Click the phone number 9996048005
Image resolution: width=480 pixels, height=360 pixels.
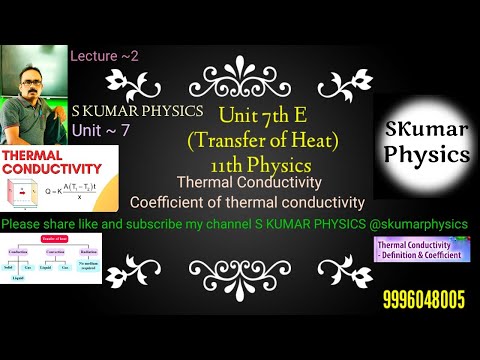(x=423, y=299)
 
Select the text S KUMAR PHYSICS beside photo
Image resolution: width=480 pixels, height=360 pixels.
(x=138, y=110)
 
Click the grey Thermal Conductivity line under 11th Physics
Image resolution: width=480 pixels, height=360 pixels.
(x=248, y=183)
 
